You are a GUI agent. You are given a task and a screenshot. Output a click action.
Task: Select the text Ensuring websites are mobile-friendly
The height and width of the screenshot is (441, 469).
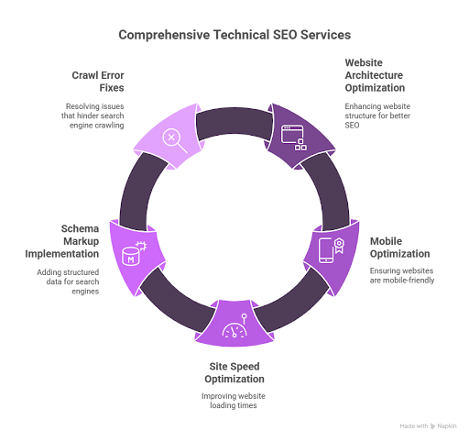pyautogui.click(x=402, y=276)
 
